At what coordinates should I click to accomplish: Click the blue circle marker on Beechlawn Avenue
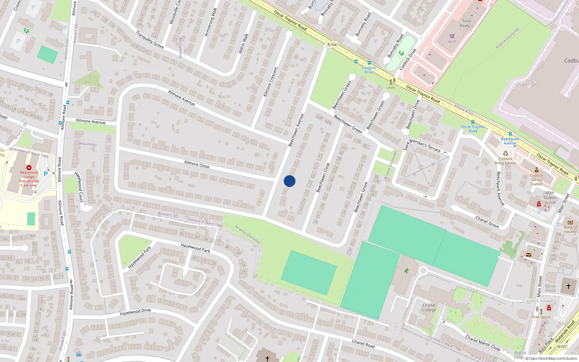pos(289,181)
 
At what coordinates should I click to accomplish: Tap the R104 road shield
pos(332,45)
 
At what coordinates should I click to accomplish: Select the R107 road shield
pos(562,346)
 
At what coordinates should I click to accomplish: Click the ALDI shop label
pos(452,41)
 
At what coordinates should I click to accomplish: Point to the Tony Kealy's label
pos(466,23)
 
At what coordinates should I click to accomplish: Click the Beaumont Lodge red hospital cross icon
pos(29,168)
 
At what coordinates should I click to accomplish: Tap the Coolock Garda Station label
pos(536,180)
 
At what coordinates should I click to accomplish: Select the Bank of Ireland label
pos(570,230)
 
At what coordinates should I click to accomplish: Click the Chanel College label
pos(429,307)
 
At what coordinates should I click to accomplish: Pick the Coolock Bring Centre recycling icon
pos(506,153)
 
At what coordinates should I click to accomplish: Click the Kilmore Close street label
pos(197,164)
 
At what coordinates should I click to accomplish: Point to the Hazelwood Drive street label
pos(135,312)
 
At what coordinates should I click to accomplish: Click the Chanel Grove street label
pos(487,222)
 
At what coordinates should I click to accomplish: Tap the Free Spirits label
pos(541,317)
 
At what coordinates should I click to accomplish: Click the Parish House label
pos(550,288)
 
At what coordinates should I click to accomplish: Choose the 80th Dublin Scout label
pos(550,198)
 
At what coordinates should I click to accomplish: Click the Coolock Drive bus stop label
pos(369,70)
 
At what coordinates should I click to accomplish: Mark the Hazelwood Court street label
pos(79,186)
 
